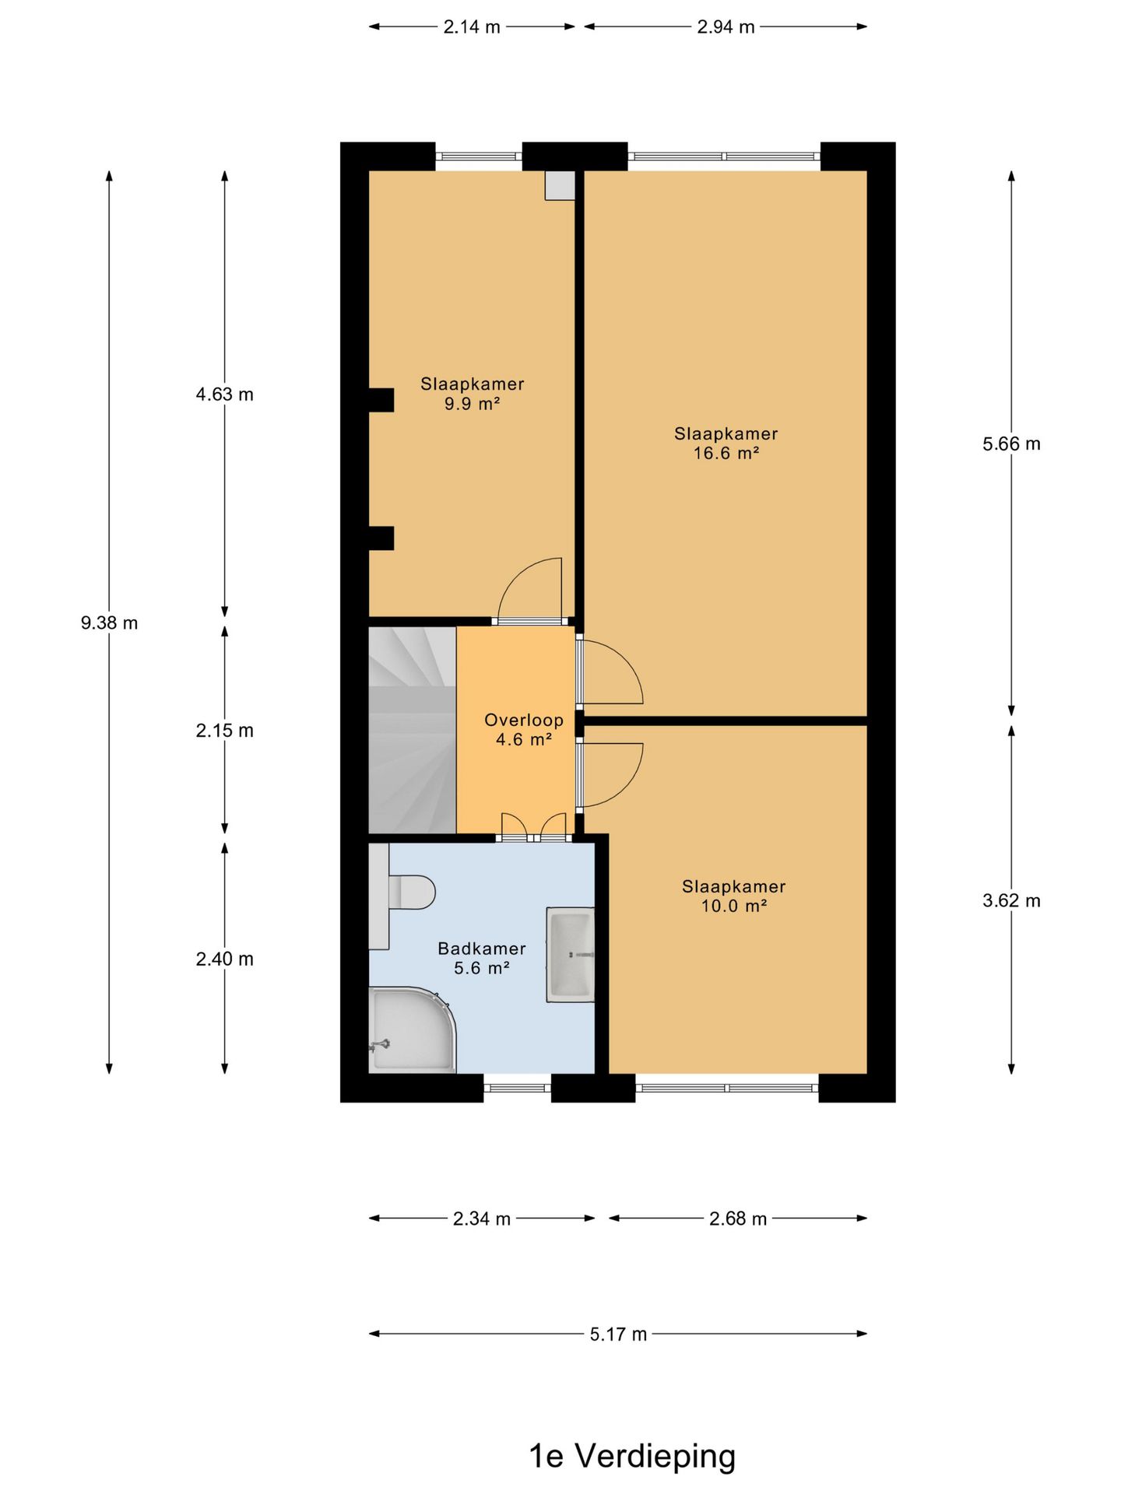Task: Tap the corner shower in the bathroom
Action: [x=411, y=1030]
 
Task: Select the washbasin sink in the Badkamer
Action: [x=571, y=955]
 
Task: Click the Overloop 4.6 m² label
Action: [x=524, y=730]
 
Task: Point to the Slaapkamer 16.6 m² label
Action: [x=726, y=444]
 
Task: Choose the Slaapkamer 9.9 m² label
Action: [x=473, y=394]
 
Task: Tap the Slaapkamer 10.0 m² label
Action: [x=734, y=896]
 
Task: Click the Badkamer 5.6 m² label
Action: [x=482, y=958]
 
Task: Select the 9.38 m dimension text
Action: [x=110, y=622]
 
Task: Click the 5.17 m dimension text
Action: [x=618, y=1334]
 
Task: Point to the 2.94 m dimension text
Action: [x=726, y=26]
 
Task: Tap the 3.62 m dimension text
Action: [x=1011, y=900]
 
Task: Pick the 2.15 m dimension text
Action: [x=225, y=730]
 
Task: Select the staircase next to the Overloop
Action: [x=412, y=730]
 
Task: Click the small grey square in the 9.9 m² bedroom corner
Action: [x=560, y=185]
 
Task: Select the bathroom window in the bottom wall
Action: [x=518, y=1087]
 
